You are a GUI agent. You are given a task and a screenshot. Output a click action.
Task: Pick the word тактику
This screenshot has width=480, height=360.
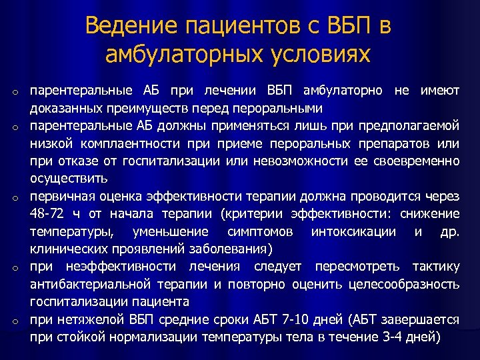[x=436, y=267]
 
